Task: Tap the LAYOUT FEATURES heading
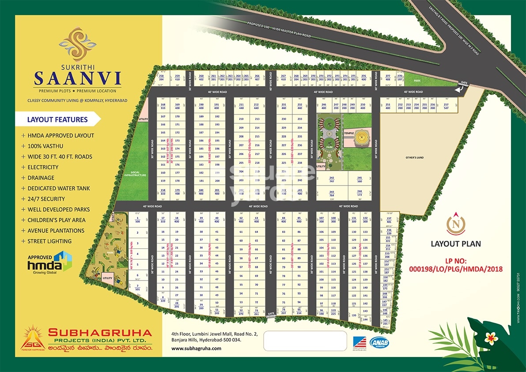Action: pyautogui.click(x=57, y=119)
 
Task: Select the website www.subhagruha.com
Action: pyautogui.click(x=196, y=348)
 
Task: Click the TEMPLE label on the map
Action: pyautogui.click(x=349, y=133)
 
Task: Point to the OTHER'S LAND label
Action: pyautogui.click(x=415, y=158)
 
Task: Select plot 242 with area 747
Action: pyautogui.click(x=331, y=179)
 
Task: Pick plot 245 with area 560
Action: pyautogui.click(x=359, y=179)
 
